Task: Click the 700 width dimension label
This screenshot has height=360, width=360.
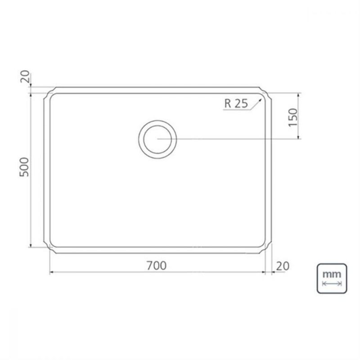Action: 156,265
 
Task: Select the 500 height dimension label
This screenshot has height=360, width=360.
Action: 25,167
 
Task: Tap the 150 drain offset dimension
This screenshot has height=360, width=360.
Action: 293,117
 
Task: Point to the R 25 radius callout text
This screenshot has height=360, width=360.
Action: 236,103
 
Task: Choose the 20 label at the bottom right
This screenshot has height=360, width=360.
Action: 282,265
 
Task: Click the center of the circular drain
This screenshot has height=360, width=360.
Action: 157,139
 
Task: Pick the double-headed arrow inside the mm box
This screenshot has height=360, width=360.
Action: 332,284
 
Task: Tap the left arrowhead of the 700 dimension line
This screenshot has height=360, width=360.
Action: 50,272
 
